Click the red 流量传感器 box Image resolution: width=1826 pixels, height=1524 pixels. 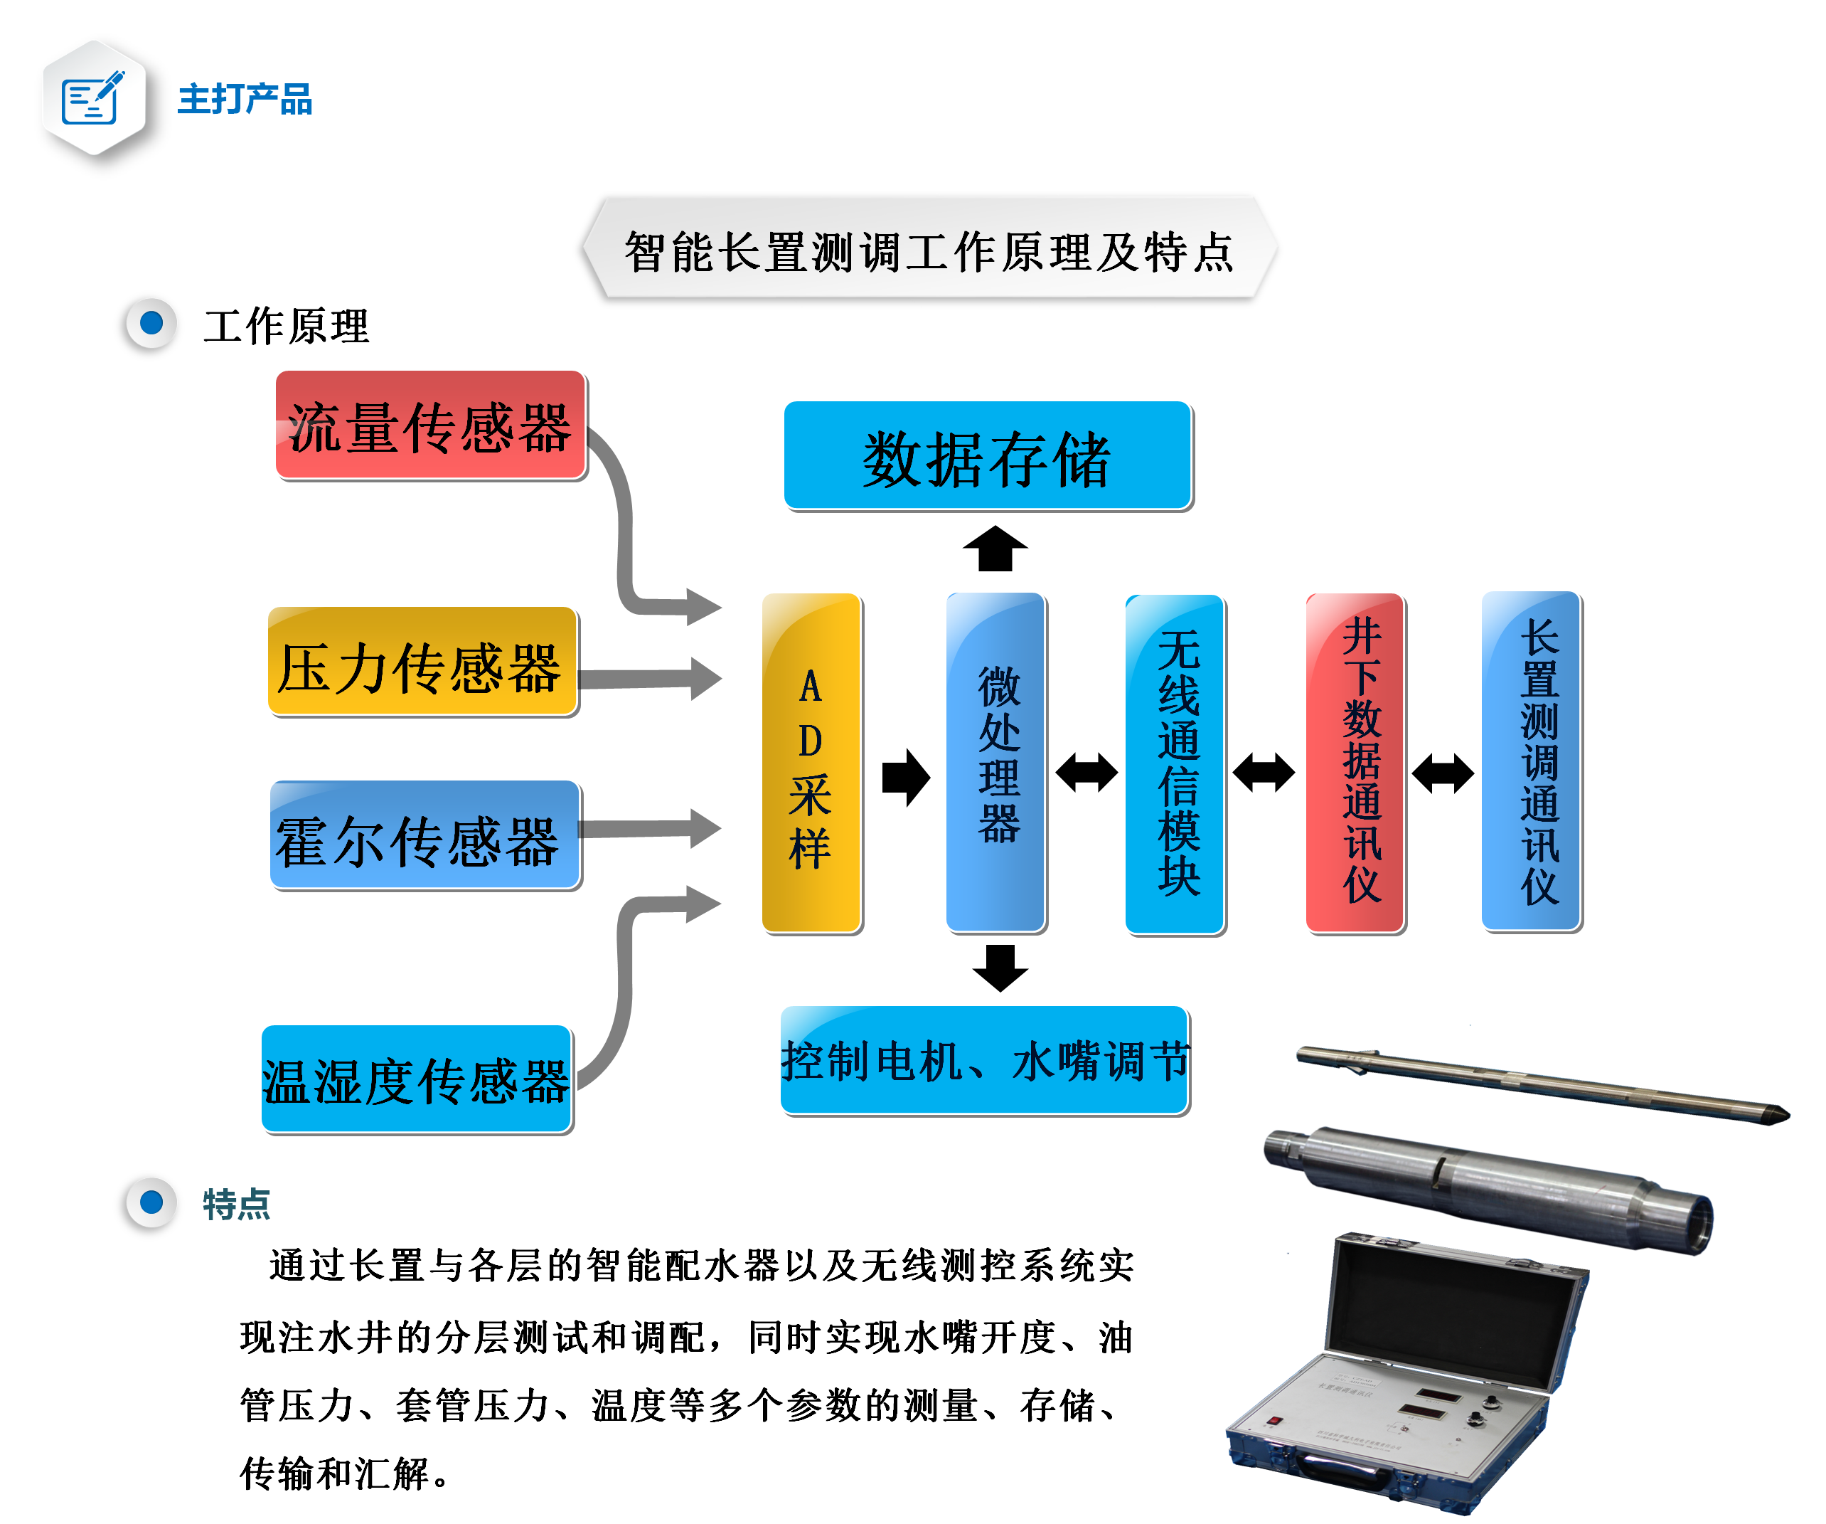tap(430, 425)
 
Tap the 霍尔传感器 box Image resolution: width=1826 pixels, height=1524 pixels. tap(425, 835)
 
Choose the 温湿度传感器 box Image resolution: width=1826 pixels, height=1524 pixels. tap(417, 1079)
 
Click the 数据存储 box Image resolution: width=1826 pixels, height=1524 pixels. tap(988, 456)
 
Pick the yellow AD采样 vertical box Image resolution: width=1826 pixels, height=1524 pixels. tap(811, 763)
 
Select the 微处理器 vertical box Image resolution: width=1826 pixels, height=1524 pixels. tap(995, 763)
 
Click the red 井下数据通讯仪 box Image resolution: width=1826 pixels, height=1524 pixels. tap(1355, 763)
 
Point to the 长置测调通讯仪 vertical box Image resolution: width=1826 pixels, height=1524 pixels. tap(1532, 762)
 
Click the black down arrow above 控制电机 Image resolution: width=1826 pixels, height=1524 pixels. tap(1000, 968)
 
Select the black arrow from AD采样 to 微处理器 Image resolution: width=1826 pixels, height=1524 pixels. tap(905, 777)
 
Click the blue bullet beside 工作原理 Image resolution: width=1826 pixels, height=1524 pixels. tap(152, 324)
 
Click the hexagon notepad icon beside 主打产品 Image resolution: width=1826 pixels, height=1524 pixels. tap(94, 98)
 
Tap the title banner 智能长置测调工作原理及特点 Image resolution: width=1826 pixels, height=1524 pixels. tap(929, 250)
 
